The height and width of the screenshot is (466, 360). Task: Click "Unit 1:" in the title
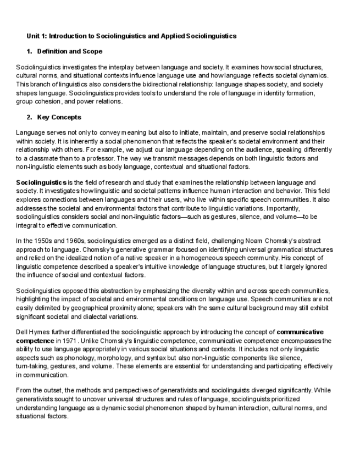click(36, 36)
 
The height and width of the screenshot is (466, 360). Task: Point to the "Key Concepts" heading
click(59, 118)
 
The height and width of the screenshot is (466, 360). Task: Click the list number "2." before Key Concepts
click(30, 118)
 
